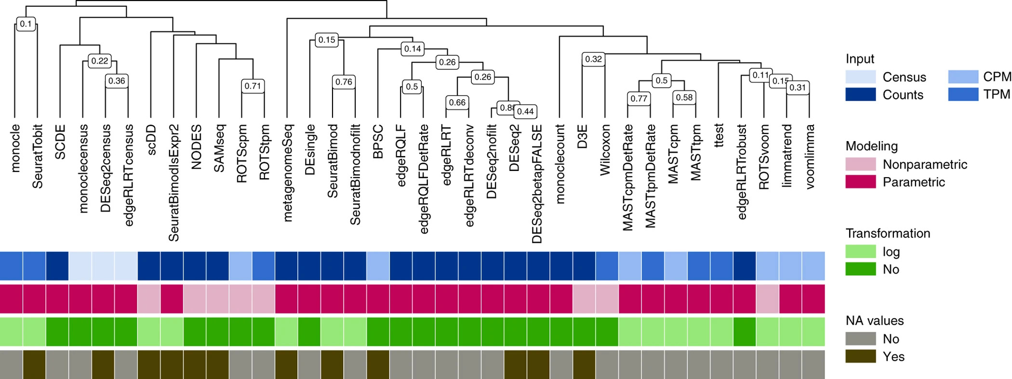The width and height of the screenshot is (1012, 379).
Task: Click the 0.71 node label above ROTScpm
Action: click(253, 86)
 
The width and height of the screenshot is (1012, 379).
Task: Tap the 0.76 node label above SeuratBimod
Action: click(344, 82)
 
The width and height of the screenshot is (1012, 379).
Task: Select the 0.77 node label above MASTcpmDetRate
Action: click(639, 99)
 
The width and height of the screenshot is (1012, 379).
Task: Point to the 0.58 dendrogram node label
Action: click(684, 97)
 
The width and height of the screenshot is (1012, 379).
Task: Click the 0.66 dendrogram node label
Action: click(457, 103)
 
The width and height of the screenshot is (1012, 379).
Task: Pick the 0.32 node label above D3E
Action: click(593, 59)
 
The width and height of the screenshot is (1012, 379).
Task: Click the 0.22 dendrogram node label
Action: click(100, 61)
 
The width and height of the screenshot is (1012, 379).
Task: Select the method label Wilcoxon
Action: click(605, 150)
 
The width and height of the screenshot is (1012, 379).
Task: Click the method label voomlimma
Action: click(810, 157)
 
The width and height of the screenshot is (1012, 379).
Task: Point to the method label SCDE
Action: click(60, 142)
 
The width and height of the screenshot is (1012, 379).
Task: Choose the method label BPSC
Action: click(378, 142)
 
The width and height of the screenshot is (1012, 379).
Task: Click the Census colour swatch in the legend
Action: click(860, 77)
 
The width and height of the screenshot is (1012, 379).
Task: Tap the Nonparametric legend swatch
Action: click(860, 164)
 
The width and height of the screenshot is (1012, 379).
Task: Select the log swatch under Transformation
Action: click(860, 251)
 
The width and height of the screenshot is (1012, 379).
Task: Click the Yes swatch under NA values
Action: click(860, 356)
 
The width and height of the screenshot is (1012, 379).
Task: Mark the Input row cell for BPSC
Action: click(378, 266)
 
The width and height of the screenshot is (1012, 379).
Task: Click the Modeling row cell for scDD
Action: click(149, 299)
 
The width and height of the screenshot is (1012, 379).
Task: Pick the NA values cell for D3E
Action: click(584, 364)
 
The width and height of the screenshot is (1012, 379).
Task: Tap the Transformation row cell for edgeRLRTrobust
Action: click(745, 331)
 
